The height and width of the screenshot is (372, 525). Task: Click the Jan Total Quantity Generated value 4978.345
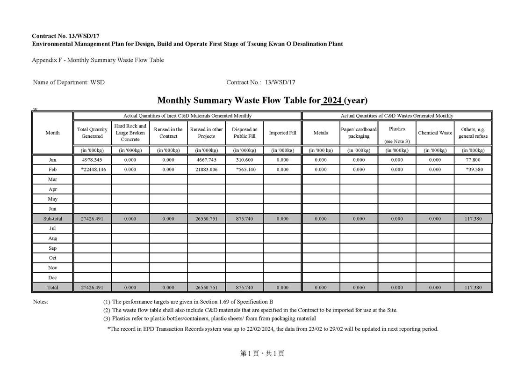click(92, 160)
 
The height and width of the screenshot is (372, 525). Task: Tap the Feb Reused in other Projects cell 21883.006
click(206, 170)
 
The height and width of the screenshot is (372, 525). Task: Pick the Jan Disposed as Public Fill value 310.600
click(245, 160)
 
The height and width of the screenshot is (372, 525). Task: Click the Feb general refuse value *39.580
click(473, 170)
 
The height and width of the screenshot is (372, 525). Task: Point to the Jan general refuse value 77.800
click(473, 160)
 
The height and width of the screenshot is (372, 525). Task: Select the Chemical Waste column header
click(435, 133)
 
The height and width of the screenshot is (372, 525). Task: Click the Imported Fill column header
click(282, 133)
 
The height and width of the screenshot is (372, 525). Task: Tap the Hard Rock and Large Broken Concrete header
click(130, 133)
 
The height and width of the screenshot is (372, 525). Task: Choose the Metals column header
click(321, 133)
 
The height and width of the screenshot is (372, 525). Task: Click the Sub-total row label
click(53, 219)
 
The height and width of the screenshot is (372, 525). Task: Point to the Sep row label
click(53, 248)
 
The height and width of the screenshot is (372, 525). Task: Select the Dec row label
click(53, 278)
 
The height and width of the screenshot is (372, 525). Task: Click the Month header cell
click(53, 133)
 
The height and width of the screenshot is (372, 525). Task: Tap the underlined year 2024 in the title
click(332, 100)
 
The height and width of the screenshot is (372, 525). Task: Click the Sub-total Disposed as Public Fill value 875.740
click(245, 219)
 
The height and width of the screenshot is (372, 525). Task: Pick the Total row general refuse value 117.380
click(473, 287)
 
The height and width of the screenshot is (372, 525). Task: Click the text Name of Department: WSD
click(69, 82)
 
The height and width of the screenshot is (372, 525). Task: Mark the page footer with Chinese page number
click(262, 354)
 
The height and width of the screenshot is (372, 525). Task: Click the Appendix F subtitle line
click(98, 60)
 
